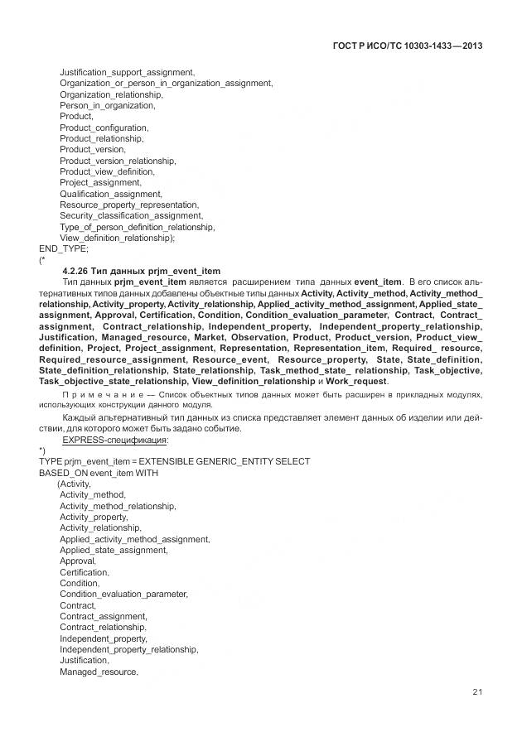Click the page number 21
477,692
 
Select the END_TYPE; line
64,248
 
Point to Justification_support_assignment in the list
127,73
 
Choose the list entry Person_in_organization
107,105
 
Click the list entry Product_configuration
104,128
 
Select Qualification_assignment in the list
110,193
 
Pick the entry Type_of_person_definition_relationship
137,226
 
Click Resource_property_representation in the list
128,205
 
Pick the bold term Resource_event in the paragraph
231,359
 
